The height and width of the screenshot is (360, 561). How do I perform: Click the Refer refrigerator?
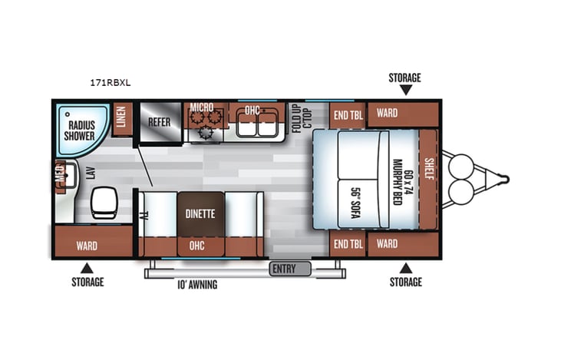point(159,121)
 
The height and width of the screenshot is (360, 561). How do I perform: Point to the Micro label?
point(201,107)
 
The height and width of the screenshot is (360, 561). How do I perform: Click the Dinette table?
point(200,214)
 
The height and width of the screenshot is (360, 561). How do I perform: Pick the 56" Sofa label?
point(355,203)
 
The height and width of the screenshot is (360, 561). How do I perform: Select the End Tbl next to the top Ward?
point(347,114)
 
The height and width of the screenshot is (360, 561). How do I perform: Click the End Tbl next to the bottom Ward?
point(347,244)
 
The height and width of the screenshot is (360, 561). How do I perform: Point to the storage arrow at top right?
point(405,90)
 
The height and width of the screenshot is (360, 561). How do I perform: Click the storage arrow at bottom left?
point(87,267)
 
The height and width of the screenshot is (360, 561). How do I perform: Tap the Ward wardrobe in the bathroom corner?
point(86,246)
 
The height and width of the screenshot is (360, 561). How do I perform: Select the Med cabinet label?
point(59,174)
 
